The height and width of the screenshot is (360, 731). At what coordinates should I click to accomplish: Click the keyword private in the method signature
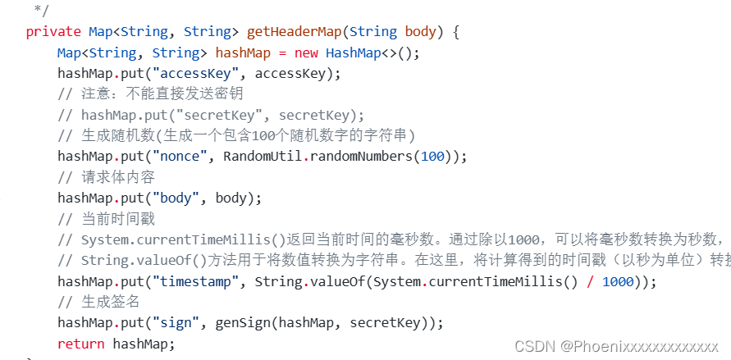53,32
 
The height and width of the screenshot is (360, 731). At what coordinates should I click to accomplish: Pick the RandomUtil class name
262,157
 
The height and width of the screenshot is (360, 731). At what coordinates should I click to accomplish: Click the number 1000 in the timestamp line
619,281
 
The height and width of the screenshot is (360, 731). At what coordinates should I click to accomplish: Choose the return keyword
81,344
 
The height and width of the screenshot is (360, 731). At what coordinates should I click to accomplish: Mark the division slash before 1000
591,281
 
